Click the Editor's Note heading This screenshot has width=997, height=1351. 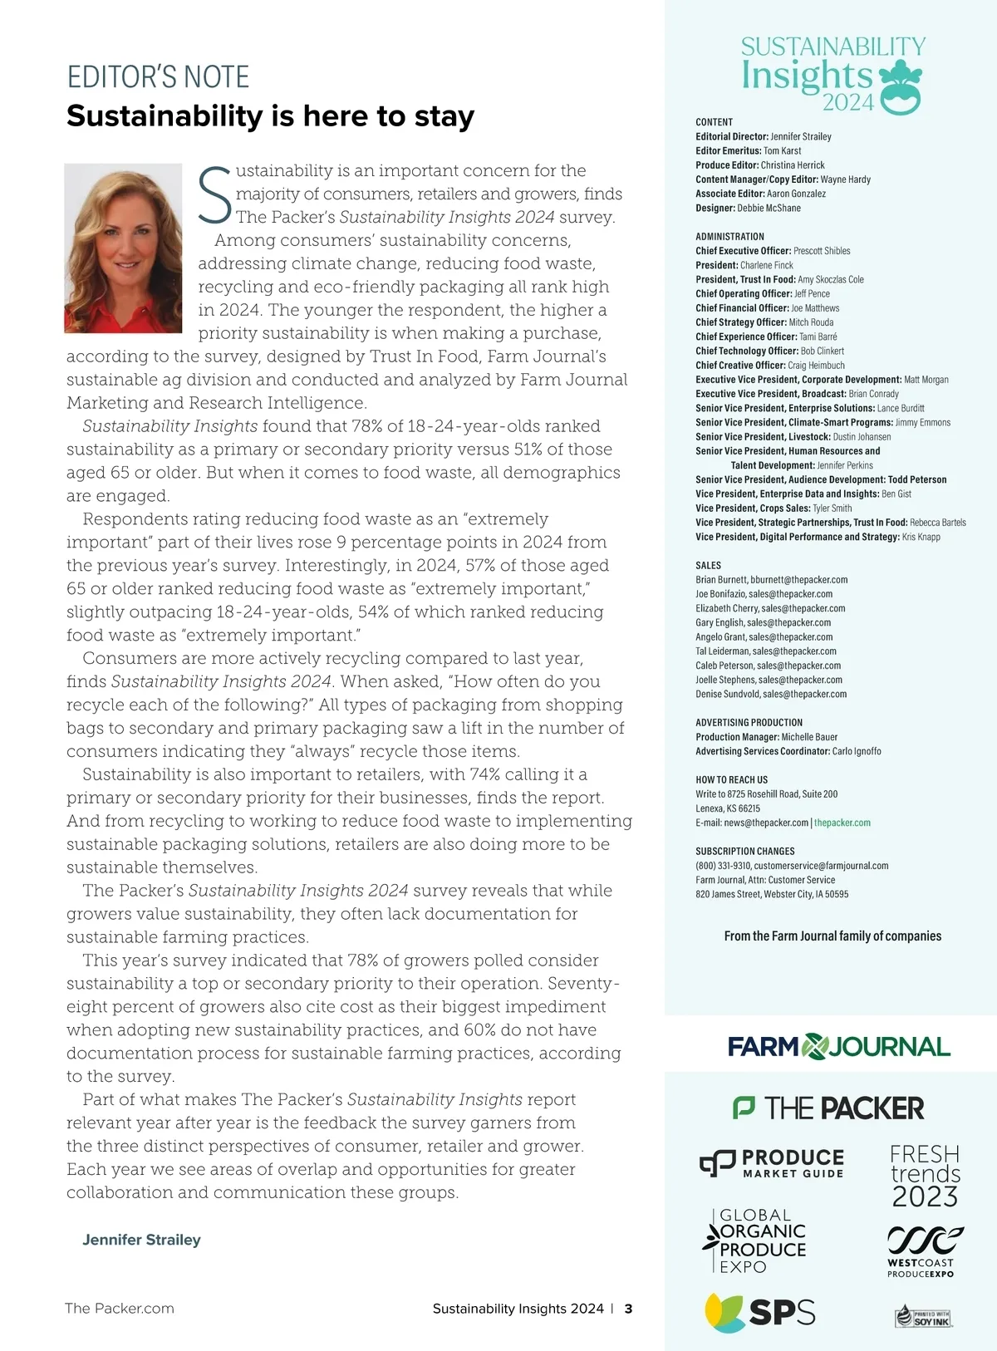[x=158, y=77]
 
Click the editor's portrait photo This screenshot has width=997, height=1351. [x=123, y=248]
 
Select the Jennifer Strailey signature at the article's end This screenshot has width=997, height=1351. [x=141, y=1240]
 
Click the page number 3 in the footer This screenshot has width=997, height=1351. [x=628, y=1309]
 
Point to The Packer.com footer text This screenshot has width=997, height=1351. [x=120, y=1309]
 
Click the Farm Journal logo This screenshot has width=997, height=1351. [x=839, y=1047]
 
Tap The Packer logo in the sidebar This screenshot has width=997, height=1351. [x=828, y=1108]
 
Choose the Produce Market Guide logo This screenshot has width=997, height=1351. [x=772, y=1163]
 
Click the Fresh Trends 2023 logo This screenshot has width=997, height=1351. [x=925, y=1176]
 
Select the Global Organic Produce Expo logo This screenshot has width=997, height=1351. [x=755, y=1241]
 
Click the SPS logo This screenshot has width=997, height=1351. [x=760, y=1312]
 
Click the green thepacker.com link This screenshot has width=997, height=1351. [x=842, y=823]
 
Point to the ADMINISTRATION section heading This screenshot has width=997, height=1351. [x=729, y=237]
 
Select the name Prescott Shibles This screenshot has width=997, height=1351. [x=822, y=251]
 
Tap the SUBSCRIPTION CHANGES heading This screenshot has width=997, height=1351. [x=744, y=852]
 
